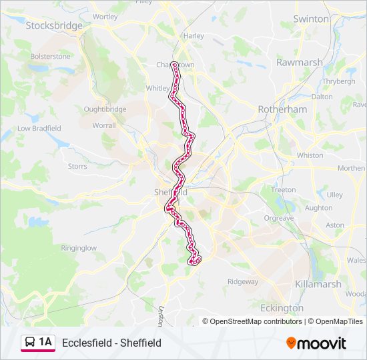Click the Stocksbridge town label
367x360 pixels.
[54, 25]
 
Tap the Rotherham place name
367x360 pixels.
[282, 109]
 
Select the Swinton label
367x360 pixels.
[311, 19]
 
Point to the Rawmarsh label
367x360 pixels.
[300, 62]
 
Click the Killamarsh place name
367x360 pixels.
[318, 284]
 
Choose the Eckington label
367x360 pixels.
[282, 308]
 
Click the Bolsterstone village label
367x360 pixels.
[50, 57]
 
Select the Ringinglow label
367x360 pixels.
[79, 248]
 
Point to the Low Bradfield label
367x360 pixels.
[39, 128]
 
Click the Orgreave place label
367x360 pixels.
[278, 218]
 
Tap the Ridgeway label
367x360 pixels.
[242, 282]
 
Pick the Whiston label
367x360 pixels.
[309, 155]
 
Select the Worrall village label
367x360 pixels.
[103, 125]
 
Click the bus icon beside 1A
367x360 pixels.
[29, 343]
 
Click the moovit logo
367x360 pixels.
[316, 343]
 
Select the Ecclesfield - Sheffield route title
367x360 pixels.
[111, 343]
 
